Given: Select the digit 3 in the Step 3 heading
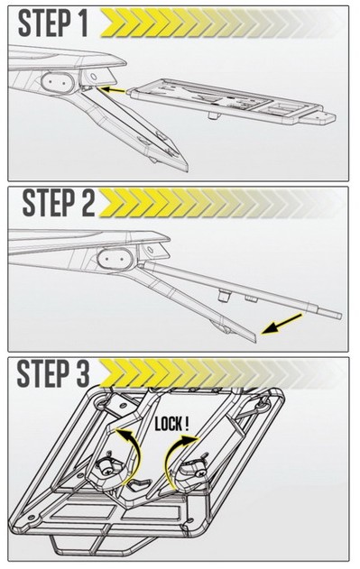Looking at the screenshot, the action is (x=80, y=373).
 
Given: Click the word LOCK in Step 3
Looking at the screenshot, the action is (x=168, y=424).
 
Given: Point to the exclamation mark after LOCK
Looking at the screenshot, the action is (x=187, y=424).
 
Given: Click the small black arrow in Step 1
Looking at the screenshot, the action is (x=112, y=89).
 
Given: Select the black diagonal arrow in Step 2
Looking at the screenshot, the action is (x=282, y=324).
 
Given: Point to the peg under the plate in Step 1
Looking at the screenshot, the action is (x=213, y=115).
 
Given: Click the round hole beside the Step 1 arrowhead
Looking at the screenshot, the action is (x=93, y=77).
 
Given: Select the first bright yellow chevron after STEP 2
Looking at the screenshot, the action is (x=111, y=203).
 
